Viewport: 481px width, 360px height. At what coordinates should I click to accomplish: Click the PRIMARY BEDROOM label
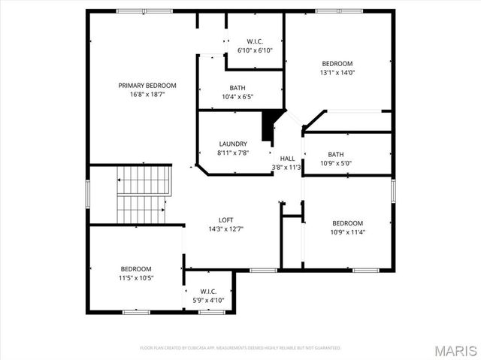coord(147,85)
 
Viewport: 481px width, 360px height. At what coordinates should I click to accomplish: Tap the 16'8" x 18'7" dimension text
coord(147,95)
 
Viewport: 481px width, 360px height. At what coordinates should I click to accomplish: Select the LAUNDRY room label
coord(233,144)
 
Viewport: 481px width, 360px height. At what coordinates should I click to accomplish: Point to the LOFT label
coord(225,219)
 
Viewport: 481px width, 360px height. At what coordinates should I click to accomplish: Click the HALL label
coord(287,158)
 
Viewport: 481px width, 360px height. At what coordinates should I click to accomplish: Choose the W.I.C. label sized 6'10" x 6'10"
coord(254,41)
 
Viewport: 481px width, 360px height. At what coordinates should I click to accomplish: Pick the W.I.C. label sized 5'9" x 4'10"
coord(208,291)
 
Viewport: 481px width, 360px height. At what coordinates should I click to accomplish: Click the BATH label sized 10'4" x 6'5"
coord(237,88)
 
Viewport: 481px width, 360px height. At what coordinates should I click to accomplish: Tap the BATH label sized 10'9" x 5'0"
coord(335,154)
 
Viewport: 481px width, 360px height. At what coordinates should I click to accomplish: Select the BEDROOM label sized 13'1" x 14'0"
coord(337,64)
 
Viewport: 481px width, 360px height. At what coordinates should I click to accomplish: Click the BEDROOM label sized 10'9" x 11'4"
coord(348,223)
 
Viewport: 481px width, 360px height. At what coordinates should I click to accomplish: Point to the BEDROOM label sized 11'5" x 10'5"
coord(136,268)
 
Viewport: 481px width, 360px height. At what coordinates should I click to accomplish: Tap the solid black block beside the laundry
coord(267,126)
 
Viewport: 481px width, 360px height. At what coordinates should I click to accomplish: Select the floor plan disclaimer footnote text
coord(240,348)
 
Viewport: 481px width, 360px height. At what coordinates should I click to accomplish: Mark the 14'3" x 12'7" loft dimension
coord(225,229)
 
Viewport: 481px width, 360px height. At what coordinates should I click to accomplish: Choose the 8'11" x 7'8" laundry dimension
coord(233,153)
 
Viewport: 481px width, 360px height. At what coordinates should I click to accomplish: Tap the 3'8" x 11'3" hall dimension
coord(287,167)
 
